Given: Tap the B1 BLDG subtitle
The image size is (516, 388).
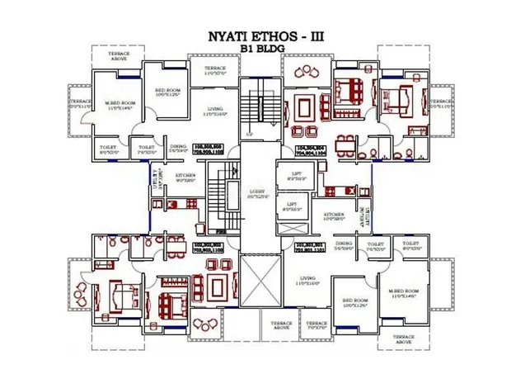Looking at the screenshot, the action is click(258, 49).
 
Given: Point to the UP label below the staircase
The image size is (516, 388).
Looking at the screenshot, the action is click(250, 133).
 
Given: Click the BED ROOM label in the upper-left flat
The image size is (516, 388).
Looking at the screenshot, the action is click(167, 90).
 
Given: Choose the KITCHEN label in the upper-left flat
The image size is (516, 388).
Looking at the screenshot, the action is click(184, 177).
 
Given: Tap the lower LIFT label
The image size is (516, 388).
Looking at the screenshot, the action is click(291, 206).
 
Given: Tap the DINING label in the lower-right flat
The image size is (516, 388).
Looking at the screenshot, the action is click(344, 244).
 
